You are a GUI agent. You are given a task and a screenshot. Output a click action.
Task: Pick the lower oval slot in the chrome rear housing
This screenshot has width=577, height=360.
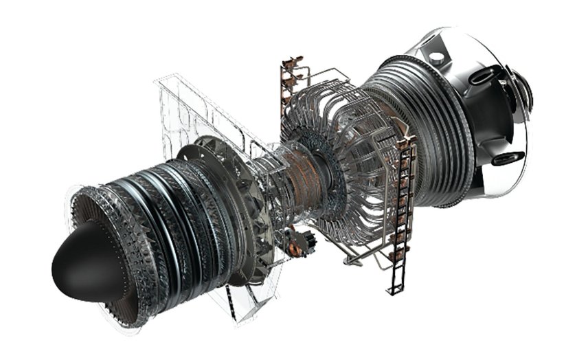tap(506, 159)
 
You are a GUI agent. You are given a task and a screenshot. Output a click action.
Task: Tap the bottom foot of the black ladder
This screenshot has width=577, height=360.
tap(394, 289)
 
